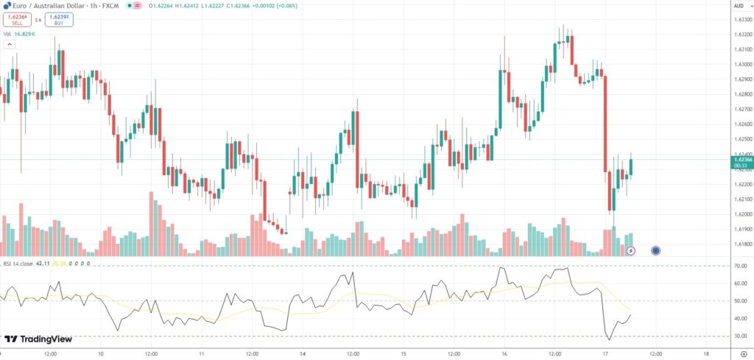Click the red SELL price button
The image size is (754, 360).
click(x=17, y=20)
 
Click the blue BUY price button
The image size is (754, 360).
click(x=59, y=20)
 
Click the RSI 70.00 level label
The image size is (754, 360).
click(x=739, y=265)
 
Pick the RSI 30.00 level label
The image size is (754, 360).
click(x=739, y=336)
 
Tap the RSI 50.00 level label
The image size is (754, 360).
click(x=739, y=301)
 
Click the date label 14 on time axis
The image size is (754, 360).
click(x=303, y=354)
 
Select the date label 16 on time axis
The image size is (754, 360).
click(x=504, y=354)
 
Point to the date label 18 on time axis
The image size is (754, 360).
click(x=706, y=354)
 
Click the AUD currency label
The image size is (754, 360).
click(x=739, y=5)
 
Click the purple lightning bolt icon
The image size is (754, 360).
click(x=631, y=251)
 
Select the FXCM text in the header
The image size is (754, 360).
click(x=111, y=5)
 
